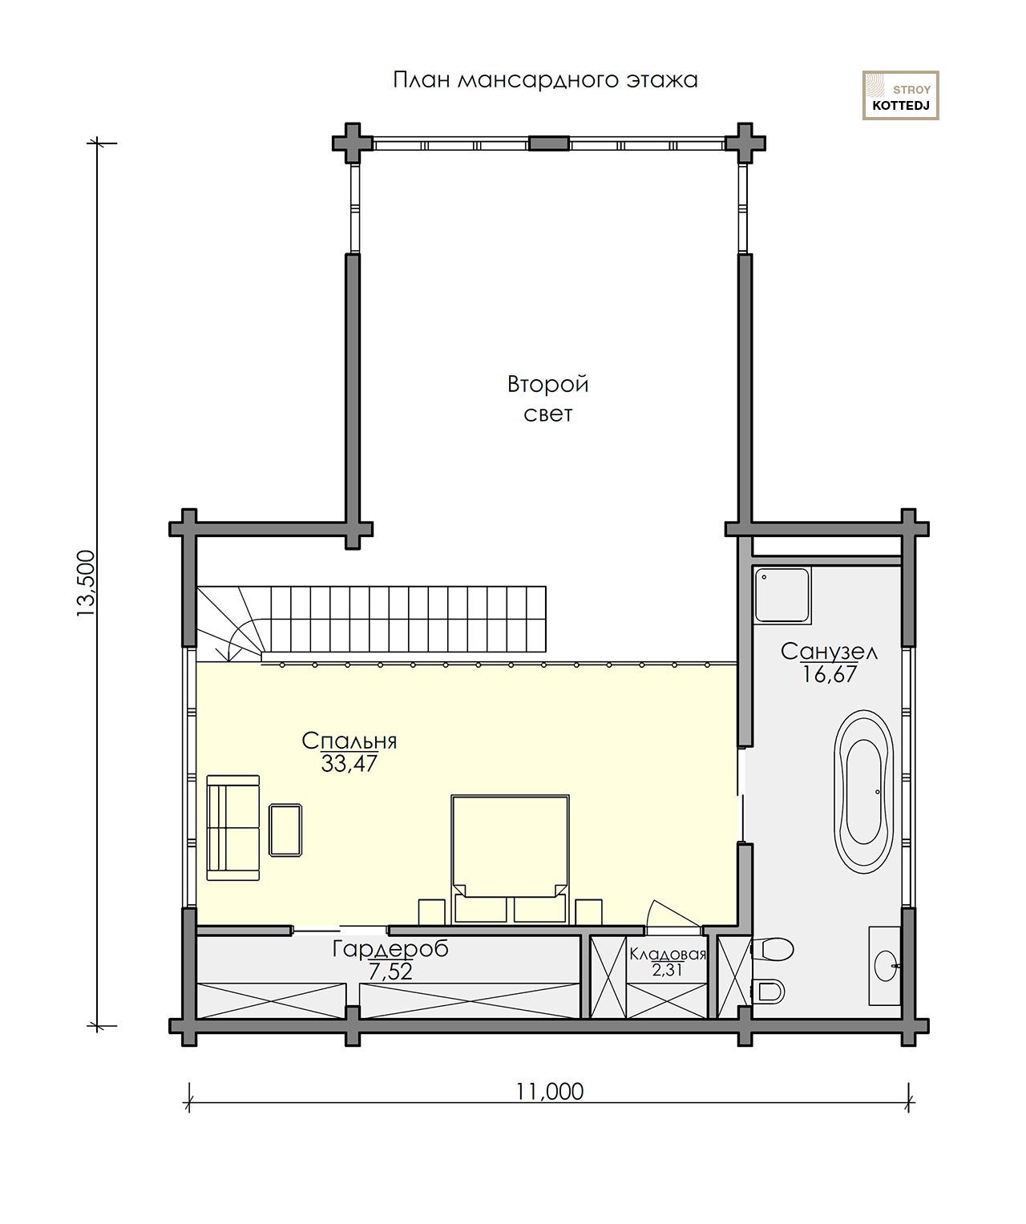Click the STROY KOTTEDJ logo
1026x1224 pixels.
click(x=900, y=95)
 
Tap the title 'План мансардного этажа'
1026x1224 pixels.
click(x=545, y=79)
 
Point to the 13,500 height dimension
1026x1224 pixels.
click(x=86, y=584)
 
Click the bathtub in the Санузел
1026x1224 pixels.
click(x=863, y=792)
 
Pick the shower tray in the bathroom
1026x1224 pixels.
click(x=782, y=595)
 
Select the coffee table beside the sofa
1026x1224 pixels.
click(x=285, y=830)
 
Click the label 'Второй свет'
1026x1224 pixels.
click(x=547, y=399)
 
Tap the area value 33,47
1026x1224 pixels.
click(x=349, y=763)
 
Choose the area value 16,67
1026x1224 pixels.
click(x=829, y=674)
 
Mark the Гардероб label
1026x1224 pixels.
click(x=390, y=948)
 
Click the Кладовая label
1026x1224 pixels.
click(x=668, y=955)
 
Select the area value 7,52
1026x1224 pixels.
click(x=390, y=972)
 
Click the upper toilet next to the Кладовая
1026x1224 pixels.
click(x=773, y=949)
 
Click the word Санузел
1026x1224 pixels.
click(x=829, y=651)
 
